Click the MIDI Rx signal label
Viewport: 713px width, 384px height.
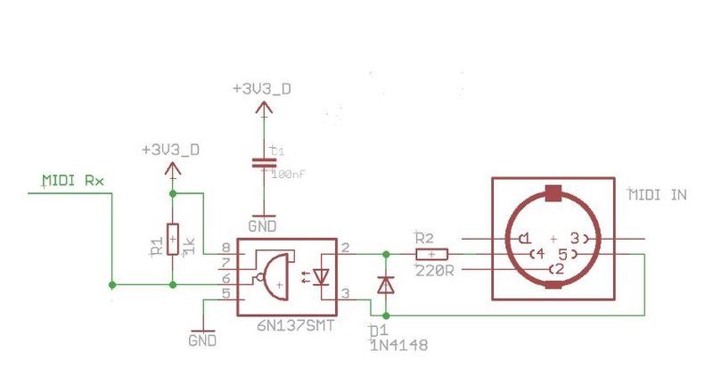[x=73, y=181]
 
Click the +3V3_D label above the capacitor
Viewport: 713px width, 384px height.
[x=261, y=90]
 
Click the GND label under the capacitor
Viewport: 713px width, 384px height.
[x=262, y=226]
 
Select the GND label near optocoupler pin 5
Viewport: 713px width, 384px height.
[x=203, y=340]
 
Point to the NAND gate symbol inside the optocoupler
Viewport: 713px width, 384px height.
[x=274, y=276]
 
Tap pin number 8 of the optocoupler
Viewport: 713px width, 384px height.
[x=226, y=248]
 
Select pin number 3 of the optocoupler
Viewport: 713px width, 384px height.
[x=345, y=292]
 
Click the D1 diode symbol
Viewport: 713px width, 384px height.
[x=385, y=284]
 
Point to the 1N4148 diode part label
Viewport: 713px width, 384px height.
[x=398, y=345]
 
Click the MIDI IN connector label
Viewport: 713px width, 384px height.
[x=659, y=195]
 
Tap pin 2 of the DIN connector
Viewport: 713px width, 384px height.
[x=558, y=269]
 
